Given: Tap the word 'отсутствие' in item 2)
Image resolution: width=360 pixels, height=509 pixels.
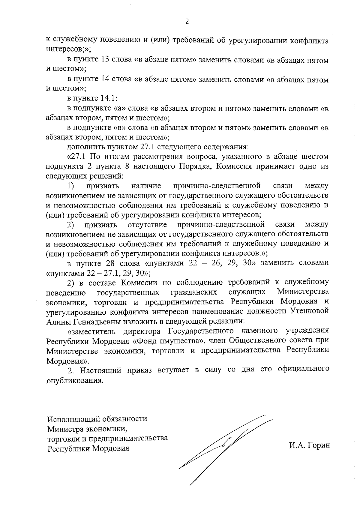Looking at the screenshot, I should (x=147, y=225).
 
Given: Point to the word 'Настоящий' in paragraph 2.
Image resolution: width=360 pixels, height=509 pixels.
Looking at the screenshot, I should (x=100, y=370).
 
